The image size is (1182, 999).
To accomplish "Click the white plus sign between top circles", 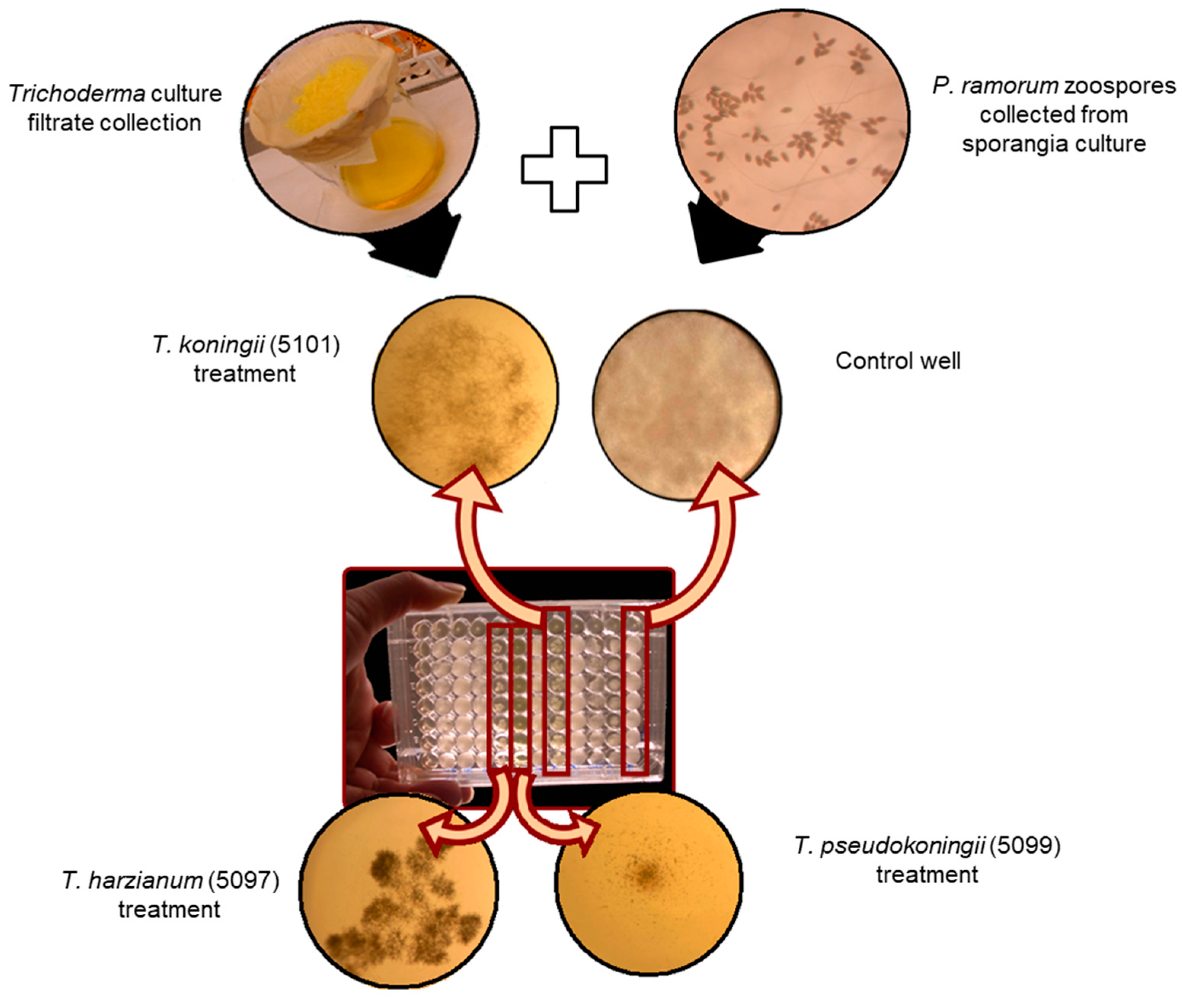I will [564, 169].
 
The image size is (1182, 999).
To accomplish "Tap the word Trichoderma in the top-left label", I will [77, 94].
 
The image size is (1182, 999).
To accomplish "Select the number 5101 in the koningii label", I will [306, 345].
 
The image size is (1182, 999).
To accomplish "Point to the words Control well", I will [898, 361].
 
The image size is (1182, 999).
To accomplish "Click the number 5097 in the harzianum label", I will [244, 881].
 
